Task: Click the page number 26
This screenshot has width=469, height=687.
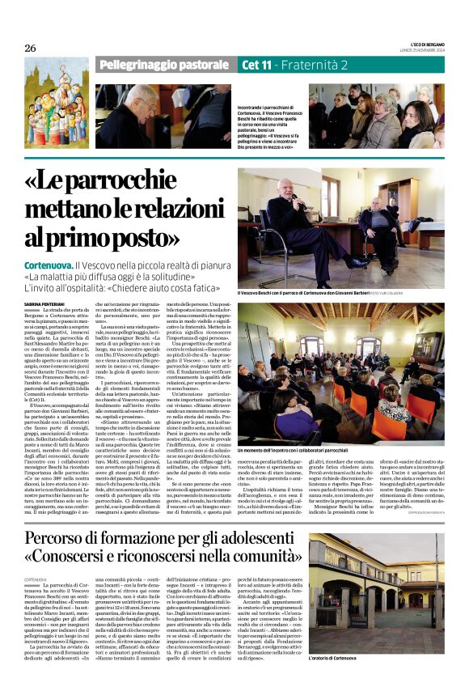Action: (30, 48)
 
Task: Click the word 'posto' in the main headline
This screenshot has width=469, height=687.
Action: (130, 238)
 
